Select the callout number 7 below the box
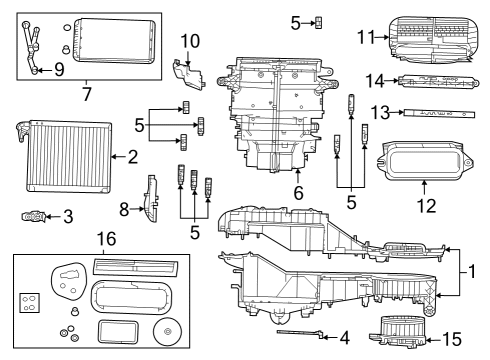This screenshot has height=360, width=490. [x=87, y=95]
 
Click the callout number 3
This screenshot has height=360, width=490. [x=67, y=214]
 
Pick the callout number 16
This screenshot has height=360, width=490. [x=105, y=239]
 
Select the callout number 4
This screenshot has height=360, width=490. [x=345, y=338]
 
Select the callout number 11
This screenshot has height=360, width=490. [x=367, y=37]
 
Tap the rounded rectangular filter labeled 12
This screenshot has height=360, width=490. [x=423, y=159]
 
